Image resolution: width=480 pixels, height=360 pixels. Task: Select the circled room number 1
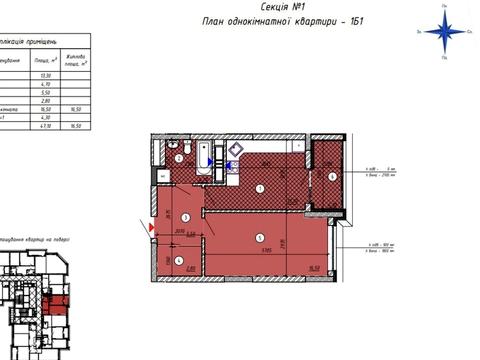pyautogui.click(x=259, y=188)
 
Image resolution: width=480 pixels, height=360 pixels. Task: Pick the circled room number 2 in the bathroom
pyautogui.click(x=178, y=158)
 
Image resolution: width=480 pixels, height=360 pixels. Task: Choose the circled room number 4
pyautogui.click(x=179, y=260)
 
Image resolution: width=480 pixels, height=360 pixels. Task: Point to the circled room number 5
pyautogui.click(x=260, y=236)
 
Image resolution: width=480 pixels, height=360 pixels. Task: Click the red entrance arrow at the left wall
pyautogui.click(x=152, y=230)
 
